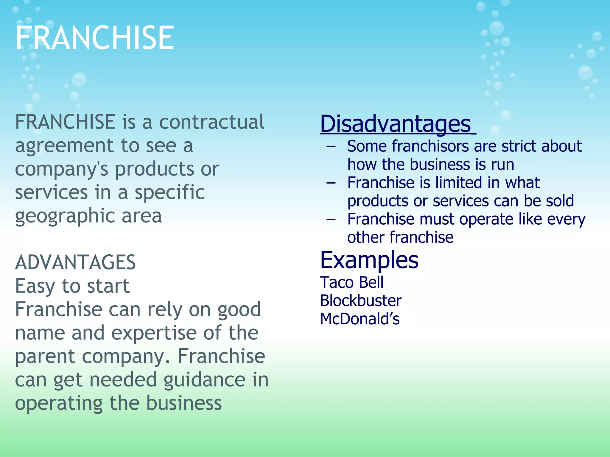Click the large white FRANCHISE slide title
pyautogui.click(x=95, y=38)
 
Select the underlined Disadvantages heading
pyautogui.click(x=396, y=124)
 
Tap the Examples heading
pyautogui.click(x=369, y=260)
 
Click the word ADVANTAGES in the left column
pyautogui.click(x=75, y=262)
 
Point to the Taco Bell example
pyautogui.click(x=351, y=282)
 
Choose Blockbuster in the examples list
pyautogui.click(x=360, y=301)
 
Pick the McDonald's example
pyautogui.click(x=360, y=319)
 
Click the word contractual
pyautogui.click(x=211, y=122)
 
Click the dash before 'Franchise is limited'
pyautogui.click(x=331, y=183)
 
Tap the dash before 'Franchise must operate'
pyautogui.click(x=331, y=220)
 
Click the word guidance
pyautogui.click(x=204, y=380)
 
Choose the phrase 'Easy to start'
pyautogui.click(x=72, y=286)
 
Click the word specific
pyautogui.click(x=170, y=192)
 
